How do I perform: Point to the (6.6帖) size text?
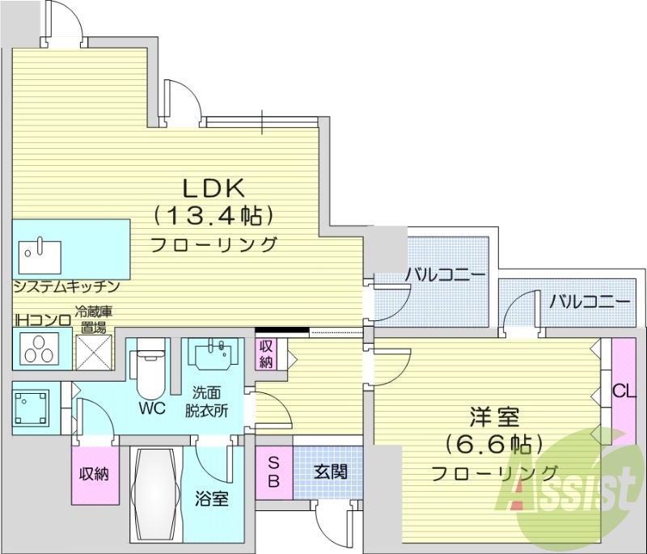494,444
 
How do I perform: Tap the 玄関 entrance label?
331,471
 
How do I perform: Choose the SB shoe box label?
273,472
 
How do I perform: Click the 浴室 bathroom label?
212,499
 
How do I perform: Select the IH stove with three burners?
37,349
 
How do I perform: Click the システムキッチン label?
66,287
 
